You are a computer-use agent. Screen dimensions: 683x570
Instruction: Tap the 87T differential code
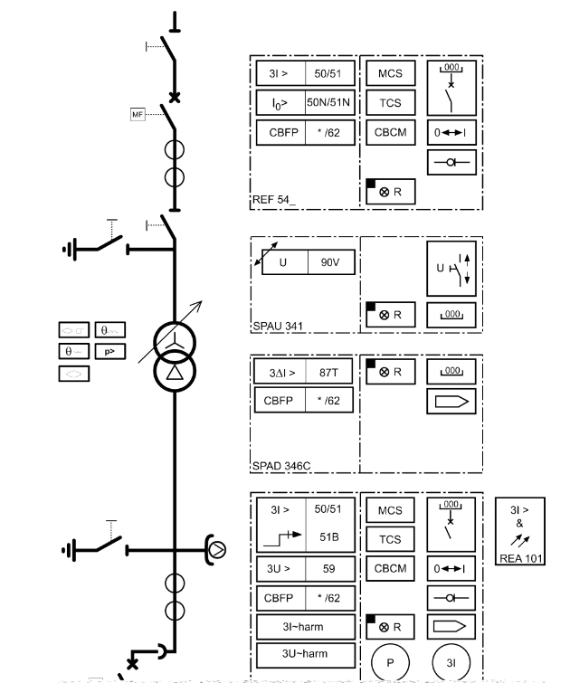click(329, 371)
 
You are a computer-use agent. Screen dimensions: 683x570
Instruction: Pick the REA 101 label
click(520, 558)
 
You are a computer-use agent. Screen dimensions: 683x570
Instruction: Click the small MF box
click(138, 114)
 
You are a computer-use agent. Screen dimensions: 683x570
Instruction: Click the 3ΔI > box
click(280, 371)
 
